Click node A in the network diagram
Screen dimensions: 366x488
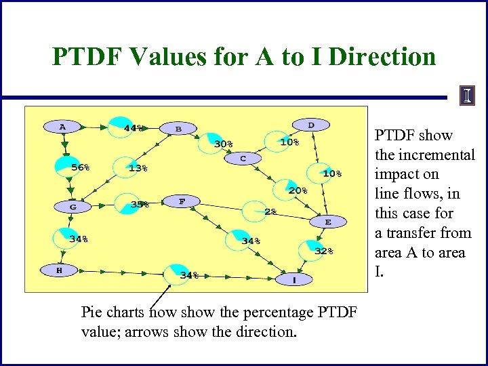point(62,126)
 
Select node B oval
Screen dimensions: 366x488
point(178,128)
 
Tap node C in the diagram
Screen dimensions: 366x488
point(242,159)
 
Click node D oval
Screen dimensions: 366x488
point(311,125)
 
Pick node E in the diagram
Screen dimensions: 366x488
point(328,222)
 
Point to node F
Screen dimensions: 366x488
point(182,201)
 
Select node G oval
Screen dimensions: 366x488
point(73,206)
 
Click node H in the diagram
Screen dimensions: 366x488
point(60,270)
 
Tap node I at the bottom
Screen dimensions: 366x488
point(294,279)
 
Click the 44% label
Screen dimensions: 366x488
point(134,127)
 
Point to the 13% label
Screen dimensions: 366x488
point(138,168)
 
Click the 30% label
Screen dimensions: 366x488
point(224,144)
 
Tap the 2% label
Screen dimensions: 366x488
point(270,211)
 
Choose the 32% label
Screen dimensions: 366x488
point(324,251)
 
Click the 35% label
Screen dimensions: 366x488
point(140,203)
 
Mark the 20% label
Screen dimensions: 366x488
point(298,191)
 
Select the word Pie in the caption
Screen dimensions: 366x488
point(92,312)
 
